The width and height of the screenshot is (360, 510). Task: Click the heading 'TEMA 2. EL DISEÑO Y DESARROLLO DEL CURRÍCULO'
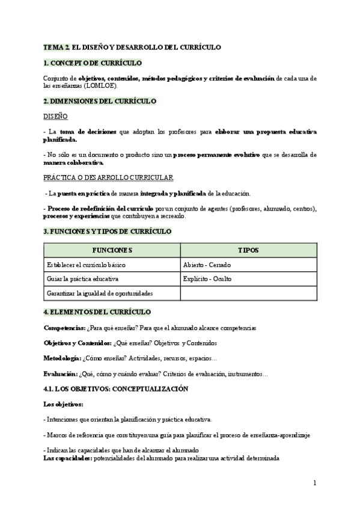pos(132,47)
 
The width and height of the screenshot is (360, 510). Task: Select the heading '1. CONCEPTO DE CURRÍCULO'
pos(93,63)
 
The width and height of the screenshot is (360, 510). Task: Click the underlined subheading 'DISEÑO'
pos(56,116)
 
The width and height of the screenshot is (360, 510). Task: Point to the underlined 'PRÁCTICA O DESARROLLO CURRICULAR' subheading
pos(108,178)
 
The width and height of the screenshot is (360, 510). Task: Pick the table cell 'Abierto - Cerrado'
pos(207,265)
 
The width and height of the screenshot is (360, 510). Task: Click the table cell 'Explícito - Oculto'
pos(207,279)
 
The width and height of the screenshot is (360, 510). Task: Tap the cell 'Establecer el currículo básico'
pos(86,265)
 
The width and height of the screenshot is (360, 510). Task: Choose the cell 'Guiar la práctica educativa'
pos(82,279)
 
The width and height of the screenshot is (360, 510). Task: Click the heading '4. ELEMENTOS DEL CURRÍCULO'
pos(97,312)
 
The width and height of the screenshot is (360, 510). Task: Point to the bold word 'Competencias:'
pos(64,328)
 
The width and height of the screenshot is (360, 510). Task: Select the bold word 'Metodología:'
pos(63,358)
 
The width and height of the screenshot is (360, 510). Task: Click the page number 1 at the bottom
pos(314,483)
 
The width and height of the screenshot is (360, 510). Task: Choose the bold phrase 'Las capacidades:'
pos(67,458)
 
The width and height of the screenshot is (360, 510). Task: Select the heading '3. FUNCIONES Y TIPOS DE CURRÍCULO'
pos(108,231)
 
